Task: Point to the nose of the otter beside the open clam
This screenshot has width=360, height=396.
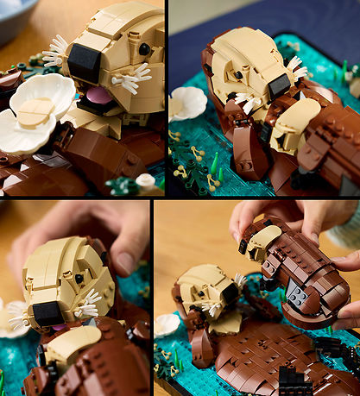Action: (x=84, y=63)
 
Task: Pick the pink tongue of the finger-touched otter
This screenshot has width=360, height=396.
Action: (x=57, y=327)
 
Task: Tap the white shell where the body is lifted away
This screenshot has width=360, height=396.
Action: (x=167, y=325)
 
